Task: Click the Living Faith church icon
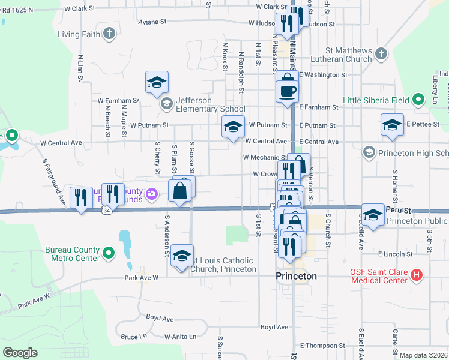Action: (x=109, y=34)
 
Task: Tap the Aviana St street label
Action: (x=152, y=22)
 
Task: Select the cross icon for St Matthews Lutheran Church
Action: (x=380, y=55)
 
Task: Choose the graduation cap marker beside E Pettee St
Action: (x=392, y=126)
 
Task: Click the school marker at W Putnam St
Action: (x=233, y=127)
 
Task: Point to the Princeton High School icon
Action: (x=368, y=153)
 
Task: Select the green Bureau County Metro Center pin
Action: (x=109, y=254)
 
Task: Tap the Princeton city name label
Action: (x=296, y=276)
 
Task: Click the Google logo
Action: (x=20, y=353)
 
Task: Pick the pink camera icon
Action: (x=152, y=193)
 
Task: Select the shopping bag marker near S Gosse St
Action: (x=181, y=191)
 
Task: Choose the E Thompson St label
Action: (x=323, y=346)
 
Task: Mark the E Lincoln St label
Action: (x=392, y=254)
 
